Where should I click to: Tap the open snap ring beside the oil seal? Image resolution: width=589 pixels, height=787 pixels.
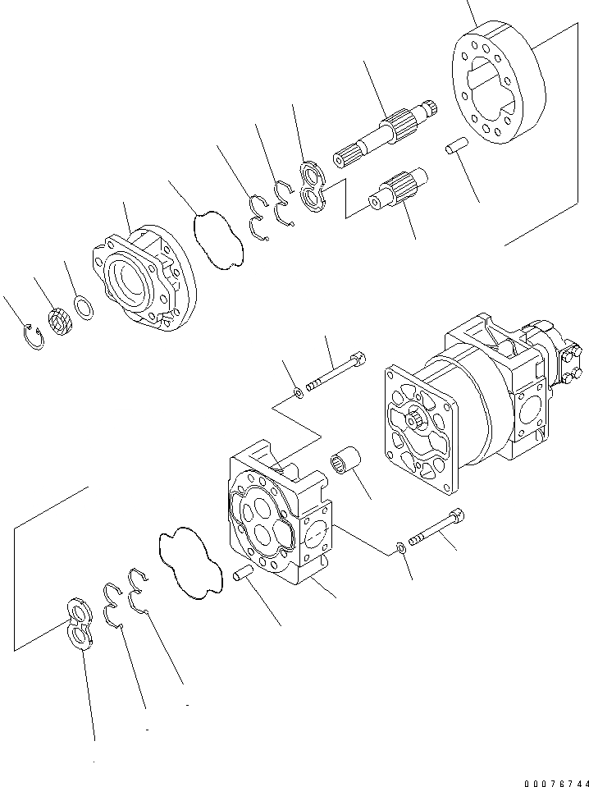[33, 336]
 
